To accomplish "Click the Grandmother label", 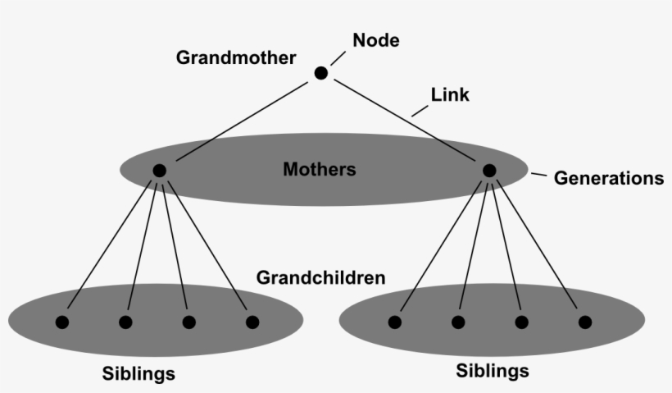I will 237,59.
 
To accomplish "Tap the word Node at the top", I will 375,39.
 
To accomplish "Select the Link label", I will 450,95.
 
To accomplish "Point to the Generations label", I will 609,178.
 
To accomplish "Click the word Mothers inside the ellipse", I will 319,170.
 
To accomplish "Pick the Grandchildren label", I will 320,277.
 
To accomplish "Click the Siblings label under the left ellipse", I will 138,374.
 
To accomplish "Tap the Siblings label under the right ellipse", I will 492,371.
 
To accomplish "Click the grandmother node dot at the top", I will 320,74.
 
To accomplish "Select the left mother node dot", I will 159,171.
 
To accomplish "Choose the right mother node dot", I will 489,171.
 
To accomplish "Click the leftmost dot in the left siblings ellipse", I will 61,322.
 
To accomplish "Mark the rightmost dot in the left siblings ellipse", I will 252,322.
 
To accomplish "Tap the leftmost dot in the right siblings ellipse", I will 394,322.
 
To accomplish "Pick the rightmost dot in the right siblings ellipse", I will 584,322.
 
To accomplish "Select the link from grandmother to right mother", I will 405,122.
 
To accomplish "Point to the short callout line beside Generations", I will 538,175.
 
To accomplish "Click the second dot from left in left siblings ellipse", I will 125,322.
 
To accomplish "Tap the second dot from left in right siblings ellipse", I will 458,322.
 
